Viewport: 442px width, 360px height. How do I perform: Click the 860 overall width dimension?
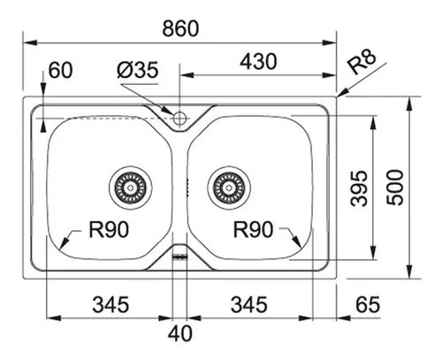click(180, 28)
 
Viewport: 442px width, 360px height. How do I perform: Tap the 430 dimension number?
click(258, 62)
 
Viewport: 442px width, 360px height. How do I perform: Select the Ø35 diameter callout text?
click(138, 70)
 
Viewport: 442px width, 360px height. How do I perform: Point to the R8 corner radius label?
click(362, 61)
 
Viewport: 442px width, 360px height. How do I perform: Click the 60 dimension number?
click(60, 70)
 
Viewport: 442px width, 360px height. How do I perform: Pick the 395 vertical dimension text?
click(359, 188)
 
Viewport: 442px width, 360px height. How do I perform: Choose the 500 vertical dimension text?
click(395, 188)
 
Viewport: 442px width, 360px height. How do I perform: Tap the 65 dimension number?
click(368, 304)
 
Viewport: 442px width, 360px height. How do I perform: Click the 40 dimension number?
click(180, 333)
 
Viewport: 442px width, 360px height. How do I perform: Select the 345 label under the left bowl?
click(110, 304)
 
